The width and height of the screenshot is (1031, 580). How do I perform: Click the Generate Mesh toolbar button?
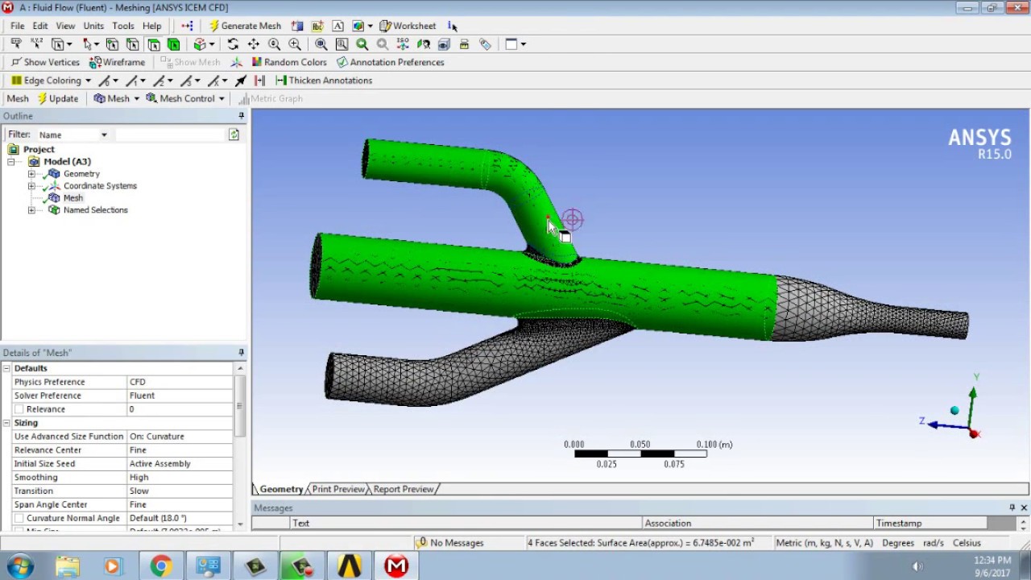coord(245,26)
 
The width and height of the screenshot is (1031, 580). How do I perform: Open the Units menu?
coord(93,26)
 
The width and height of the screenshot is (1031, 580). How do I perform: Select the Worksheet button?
coord(408,26)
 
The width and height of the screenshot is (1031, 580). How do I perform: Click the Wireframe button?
coord(118,62)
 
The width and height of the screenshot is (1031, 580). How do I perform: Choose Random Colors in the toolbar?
coord(289,62)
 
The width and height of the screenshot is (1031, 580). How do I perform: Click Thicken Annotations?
coord(324,81)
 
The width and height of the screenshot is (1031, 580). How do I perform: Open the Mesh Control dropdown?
coord(186,98)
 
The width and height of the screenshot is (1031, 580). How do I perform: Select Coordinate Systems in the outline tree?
coord(100,186)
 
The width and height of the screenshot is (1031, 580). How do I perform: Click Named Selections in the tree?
coord(95,210)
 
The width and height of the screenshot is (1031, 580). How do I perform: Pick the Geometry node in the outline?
coord(81,174)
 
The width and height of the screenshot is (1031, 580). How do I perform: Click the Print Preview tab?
coord(338,489)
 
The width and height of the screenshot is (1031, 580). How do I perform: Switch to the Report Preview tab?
coord(403,489)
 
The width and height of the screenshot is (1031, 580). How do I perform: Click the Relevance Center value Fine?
coord(138,450)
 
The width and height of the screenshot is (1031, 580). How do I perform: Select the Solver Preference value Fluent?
coord(142,396)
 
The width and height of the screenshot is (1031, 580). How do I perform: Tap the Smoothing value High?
coord(139,478)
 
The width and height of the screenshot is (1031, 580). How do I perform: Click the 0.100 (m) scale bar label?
coord(714,445)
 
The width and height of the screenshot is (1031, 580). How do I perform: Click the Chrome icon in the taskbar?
coord(161,566)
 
